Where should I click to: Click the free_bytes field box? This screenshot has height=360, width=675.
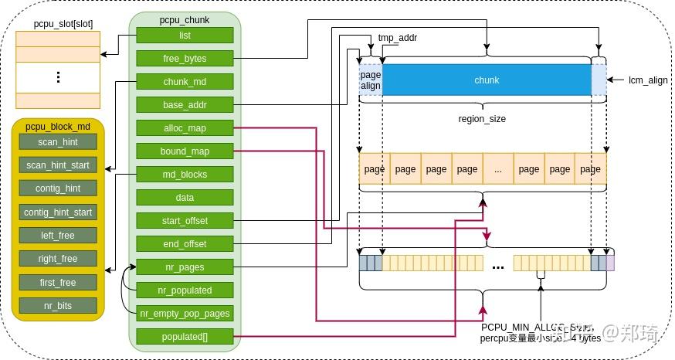pos(185,58)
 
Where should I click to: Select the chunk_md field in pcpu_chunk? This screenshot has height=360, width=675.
pos(185,81)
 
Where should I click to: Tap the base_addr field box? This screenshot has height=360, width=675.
pos(185,104)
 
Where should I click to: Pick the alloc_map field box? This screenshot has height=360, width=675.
pos(185,127)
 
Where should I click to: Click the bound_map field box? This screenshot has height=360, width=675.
pos(185,151)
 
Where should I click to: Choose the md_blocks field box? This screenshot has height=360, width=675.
pos(185,174)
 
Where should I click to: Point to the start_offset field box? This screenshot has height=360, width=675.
pos(185,221)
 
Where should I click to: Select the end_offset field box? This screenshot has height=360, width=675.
pos(185,244)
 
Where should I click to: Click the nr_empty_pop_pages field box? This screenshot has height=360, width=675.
pos(185,314)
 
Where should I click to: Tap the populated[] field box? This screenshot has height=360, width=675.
pos(185,337)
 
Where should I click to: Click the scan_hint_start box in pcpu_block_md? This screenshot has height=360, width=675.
pos(58,165)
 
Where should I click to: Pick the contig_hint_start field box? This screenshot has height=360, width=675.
pos(58,212)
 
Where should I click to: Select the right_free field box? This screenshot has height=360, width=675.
pos(58,259)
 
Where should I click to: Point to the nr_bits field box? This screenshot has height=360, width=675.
pos(58,306)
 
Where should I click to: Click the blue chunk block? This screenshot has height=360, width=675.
pos(487,80)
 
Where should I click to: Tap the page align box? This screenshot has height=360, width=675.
pos(371,80)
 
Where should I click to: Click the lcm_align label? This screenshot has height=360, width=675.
pos(648,80)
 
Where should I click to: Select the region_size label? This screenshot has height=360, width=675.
pos(482,120)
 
